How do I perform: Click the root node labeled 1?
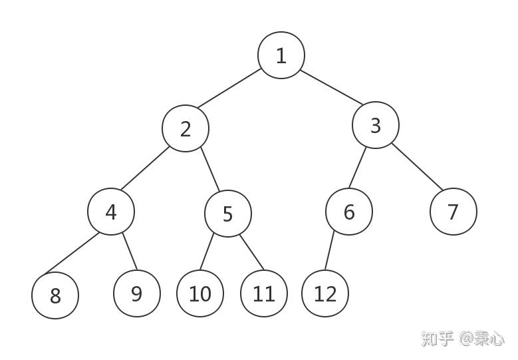pyautogui.click(x=281, y=55)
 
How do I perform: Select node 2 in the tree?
pyautogui.click(x=186, y=128)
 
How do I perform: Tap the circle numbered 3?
pyautogui.click(x=376, y=125)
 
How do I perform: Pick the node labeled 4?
pyautogui.click(x=111, y=212)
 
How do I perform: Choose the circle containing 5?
pyautogui.click(x=228, y=214)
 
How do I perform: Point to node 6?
pyautogui.click(x=349, y=212)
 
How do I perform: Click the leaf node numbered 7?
pyautogui.click(x=453, y=212)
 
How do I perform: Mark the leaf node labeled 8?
pyautogui.click(x=55, y=295)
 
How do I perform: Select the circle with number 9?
pyautogui.click(x=137, y=293)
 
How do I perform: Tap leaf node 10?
pyautogui.click(x=200, y=293)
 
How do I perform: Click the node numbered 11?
pyautogui.click(x=264, y=293)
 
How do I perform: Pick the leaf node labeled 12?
pyautogui.click(x=325, y=293)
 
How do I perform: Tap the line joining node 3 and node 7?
pyautogui.click(x=417, y=166)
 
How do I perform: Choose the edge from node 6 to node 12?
pyautogui.click(x=328, y=252)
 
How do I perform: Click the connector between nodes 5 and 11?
pyautogui.click(x=252, y=252)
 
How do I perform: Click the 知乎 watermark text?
pyautogui.click(x=437, y=338)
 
